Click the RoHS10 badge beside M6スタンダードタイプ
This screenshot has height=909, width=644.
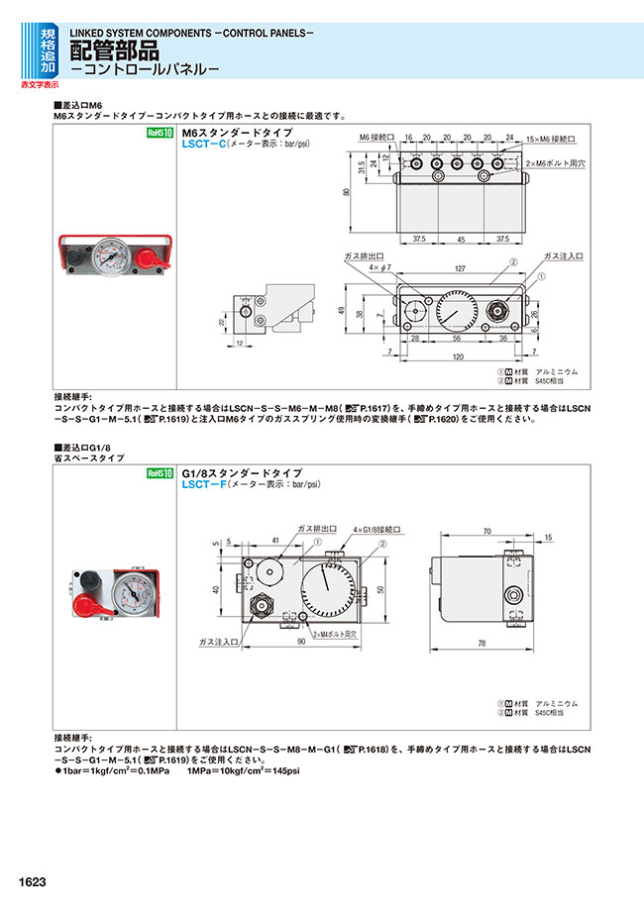pos(160,134)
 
